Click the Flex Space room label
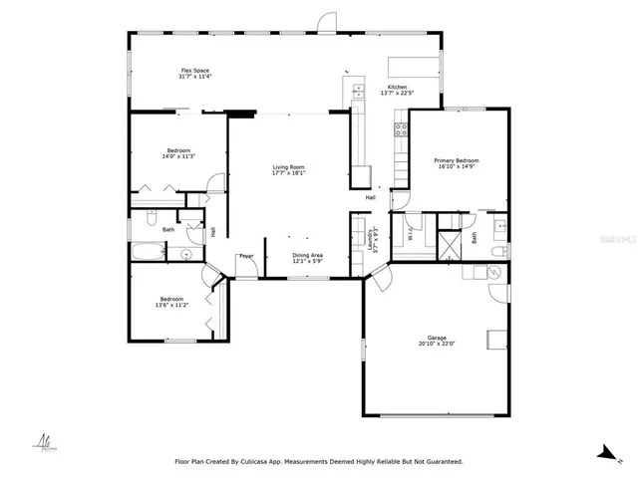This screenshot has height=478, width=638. (194, 73)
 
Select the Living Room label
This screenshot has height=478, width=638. (288, 169)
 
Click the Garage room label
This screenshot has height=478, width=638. (435, 341)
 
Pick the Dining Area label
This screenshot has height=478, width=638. (307, 258)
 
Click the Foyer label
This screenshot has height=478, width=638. (245, 256)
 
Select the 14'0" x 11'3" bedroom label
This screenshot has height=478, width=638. (177, 153)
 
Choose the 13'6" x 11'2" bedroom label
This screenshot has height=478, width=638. (171, 302)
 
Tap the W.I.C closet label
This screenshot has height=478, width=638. (411, 236)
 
